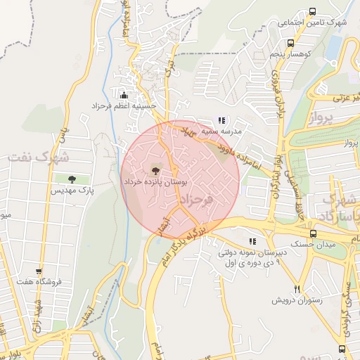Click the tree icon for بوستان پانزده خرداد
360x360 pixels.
(x=155, y=169)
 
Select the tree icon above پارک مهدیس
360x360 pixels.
(x=72, y=179)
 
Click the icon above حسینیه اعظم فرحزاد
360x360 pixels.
(x=124, y=95)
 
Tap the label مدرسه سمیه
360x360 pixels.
(x=221, y=131)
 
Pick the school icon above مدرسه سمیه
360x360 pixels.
(x=222, y=120)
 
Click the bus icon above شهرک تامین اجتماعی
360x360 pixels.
(x=312, y=11)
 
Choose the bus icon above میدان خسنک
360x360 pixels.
(x=313, y=233)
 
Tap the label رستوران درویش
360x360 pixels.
(x=297, y=300)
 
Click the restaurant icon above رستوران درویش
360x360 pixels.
(x=297, y=289)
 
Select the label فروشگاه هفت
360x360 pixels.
(x=40, y=282)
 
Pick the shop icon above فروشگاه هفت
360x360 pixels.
(x=39, y=271)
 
